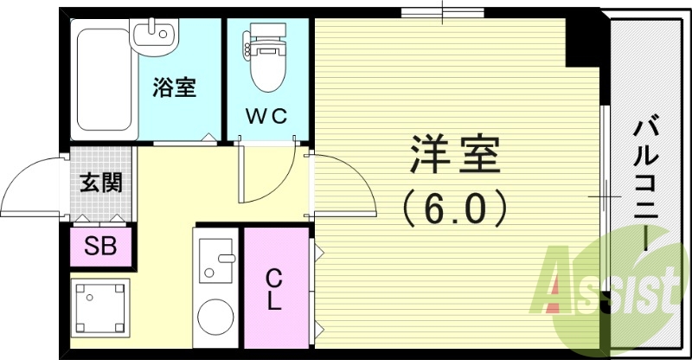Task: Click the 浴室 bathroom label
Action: (x=175, y=87)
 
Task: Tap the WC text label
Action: (x=266, y=116)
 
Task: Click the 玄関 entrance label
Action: (x=100, y=183)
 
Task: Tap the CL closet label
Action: (x=274, y=291)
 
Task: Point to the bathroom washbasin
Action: (x=155, y=35)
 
